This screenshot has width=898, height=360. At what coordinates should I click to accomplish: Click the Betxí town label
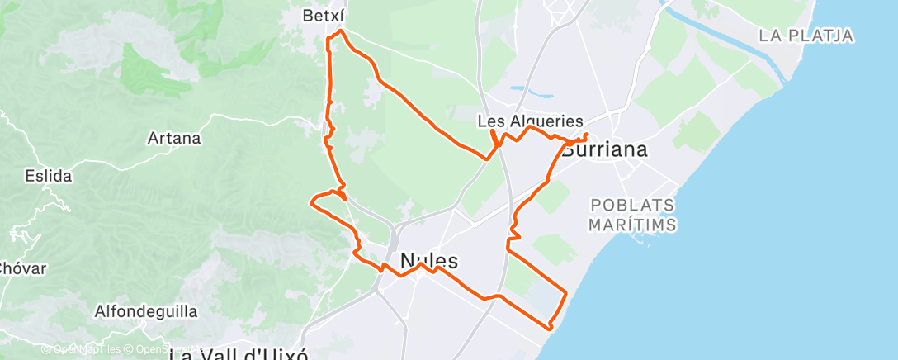323,16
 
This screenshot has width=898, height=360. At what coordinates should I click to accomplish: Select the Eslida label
49,176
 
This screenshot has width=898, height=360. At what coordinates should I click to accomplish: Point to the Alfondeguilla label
146,312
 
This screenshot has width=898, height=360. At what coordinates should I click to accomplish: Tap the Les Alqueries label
531,121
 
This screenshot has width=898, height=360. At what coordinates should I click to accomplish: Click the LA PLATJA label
806,36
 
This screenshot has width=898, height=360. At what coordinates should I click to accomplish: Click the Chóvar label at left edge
23,268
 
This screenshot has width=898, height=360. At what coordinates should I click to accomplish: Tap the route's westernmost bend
311,201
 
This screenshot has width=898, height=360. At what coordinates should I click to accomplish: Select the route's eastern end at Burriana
586,134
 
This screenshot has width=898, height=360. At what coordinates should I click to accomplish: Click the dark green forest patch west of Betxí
149,66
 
